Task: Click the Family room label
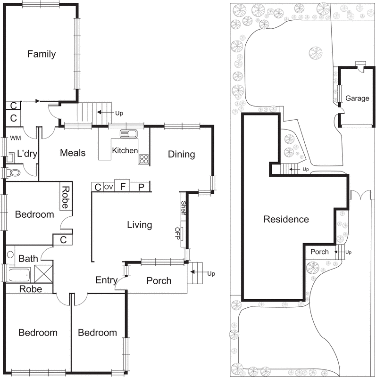(41, 54)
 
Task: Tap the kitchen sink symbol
(128, 134)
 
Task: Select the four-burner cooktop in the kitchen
(143, 159)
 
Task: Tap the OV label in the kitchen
(109, 187)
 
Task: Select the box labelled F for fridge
(123, 187)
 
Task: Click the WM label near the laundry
(16, 139)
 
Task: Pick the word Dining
(181, 154)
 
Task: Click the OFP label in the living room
(177, 234)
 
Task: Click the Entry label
(106, 280)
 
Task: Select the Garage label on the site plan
(357, 98)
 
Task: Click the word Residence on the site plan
(286, 219)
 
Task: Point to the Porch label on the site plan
(319, 252)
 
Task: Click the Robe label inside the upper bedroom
(66, 197)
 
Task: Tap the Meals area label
(73, 153)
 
